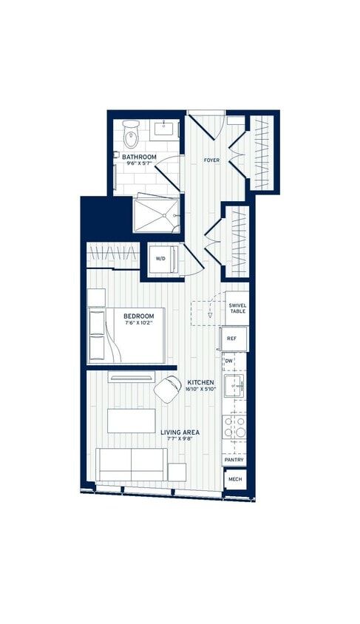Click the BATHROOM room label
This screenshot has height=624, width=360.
[139, 157]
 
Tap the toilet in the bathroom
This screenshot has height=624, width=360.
[131, 136]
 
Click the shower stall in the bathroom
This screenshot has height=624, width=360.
[157, 213]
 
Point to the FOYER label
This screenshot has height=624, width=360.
[211, 160]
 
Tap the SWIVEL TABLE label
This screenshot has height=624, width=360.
[237, 308]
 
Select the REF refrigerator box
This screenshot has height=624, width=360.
[232, 339]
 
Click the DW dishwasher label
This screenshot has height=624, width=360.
[229, 361]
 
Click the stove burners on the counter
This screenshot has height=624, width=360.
[234, 427]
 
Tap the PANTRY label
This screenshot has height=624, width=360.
[234, 460]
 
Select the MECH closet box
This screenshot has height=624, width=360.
[234, 479]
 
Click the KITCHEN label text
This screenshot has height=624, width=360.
[200, 382]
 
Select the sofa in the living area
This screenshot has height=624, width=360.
[132, 465]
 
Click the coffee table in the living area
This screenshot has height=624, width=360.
[131, 421]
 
